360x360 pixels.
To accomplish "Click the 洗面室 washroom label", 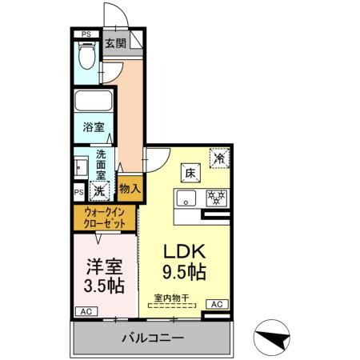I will [102, 163].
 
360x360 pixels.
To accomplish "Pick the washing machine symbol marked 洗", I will [99, 190].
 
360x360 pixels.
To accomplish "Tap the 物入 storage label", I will [130, 188].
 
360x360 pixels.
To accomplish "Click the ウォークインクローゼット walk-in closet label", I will [105, 217].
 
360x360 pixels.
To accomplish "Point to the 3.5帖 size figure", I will [105, 284].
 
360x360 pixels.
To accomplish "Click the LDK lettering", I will [186, 250].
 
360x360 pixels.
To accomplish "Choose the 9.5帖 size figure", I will [186, 272].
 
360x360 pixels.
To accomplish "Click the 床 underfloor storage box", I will [190, 171].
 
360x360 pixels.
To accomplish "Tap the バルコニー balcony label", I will [151, 338].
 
